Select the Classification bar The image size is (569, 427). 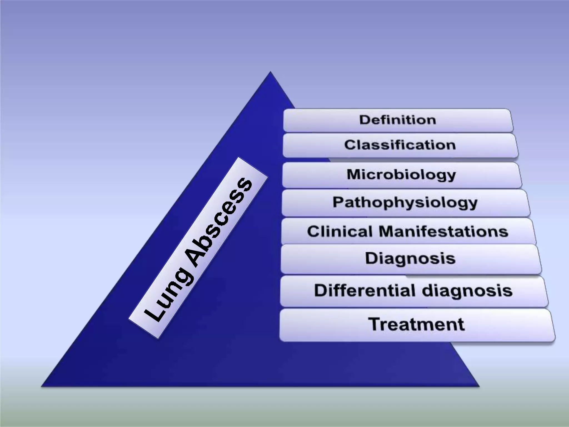pos(400,145)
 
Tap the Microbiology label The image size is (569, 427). pos(401,175)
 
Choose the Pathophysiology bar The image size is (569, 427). pos(405,202)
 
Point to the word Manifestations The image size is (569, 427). pos(443,231)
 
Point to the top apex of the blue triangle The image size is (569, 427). pos(270,72)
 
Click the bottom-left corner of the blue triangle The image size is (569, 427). pos(42,386)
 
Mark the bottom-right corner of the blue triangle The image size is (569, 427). pos(479,386)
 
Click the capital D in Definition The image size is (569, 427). pos(365,120)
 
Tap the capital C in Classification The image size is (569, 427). pos(350,145)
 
